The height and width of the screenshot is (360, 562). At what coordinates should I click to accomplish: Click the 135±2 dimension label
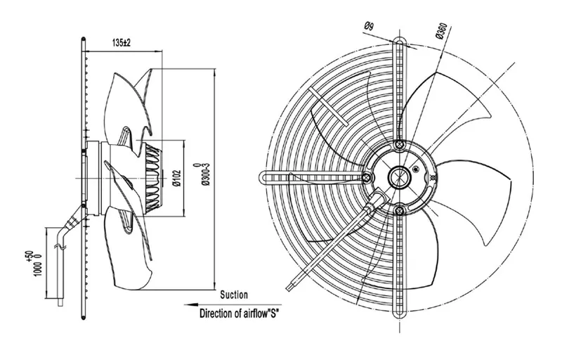point(122,43)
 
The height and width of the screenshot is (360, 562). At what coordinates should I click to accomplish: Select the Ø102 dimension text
point(177,178)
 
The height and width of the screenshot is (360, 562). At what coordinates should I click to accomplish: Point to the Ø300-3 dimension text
point(204,174)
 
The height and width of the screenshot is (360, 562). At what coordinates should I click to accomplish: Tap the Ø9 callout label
point(369,26)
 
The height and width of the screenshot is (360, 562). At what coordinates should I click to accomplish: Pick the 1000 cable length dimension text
point(37,264)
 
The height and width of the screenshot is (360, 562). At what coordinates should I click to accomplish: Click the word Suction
point(234,295)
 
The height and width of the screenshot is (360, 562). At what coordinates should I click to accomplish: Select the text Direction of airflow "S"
point(239,314)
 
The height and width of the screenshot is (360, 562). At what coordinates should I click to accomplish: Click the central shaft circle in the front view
point(399,176)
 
